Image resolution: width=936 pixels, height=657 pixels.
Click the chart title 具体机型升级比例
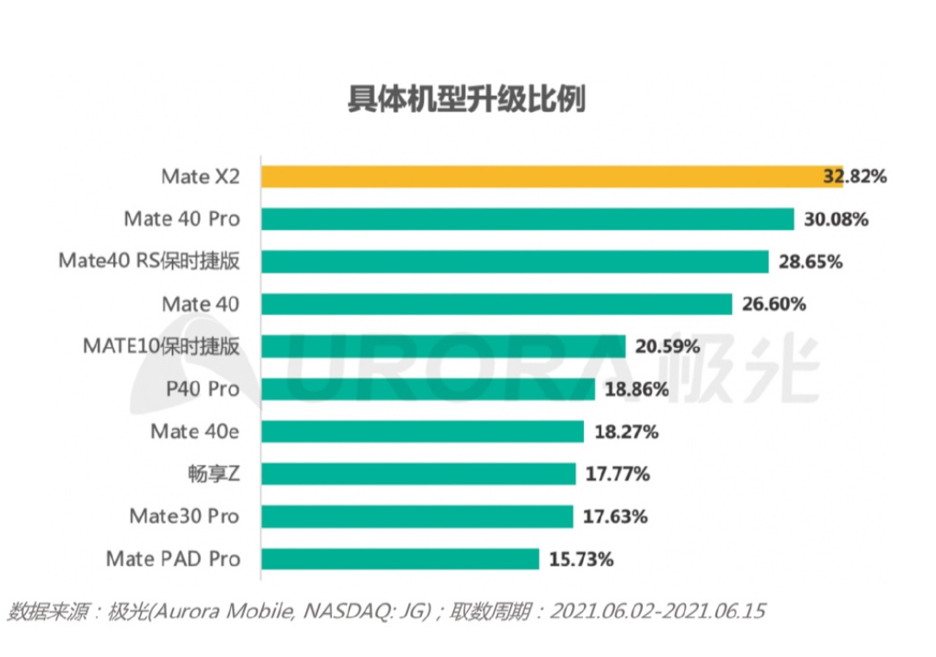[x=466, y=100]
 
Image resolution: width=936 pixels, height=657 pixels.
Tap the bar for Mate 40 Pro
[x=527, y=219]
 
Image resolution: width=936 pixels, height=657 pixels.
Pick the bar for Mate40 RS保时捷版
[x=515, y=261]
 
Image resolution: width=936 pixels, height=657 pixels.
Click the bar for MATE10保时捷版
[x=443, y=346]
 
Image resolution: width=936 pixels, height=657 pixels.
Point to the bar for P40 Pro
[x=428, y=389]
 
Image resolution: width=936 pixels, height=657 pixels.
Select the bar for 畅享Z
[x=418, y=473]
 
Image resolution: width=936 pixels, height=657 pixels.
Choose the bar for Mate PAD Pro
[x=400, y=558]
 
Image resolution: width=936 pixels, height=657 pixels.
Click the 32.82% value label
[x=855, y=177]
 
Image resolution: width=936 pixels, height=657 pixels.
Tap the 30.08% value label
[x=836, y=219]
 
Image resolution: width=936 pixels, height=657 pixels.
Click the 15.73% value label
[x=581, y=559]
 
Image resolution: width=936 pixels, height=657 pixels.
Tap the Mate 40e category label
[x=195, y=431]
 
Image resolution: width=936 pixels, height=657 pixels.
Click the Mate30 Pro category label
[x=183, y=517]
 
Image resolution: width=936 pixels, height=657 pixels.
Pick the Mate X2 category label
[x=200, y=177]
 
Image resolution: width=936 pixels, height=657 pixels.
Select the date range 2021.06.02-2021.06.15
[x=657, y=612]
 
